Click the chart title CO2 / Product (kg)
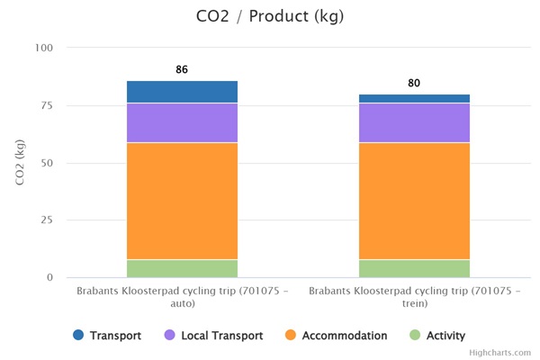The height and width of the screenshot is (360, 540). click(270, 17)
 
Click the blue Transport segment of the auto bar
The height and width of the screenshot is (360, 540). click(183, 92)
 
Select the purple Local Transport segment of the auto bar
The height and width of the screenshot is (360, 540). click(183, 122)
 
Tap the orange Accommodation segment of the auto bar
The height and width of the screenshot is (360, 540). click(183, 201)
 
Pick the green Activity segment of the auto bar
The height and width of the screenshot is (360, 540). click(183, 268)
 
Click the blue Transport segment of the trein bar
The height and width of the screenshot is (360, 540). click(414, 98)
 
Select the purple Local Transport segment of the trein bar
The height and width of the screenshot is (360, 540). click(414, 122)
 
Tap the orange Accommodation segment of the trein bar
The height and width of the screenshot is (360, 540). click(414, 201)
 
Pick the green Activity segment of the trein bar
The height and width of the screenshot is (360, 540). click(414, 268)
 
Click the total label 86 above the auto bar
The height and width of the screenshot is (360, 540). click(183, 69)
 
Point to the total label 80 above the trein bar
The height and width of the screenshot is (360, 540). click(414, 83)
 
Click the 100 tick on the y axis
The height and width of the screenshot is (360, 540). click(44, 48)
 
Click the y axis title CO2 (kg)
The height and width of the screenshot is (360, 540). click(20, 163)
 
